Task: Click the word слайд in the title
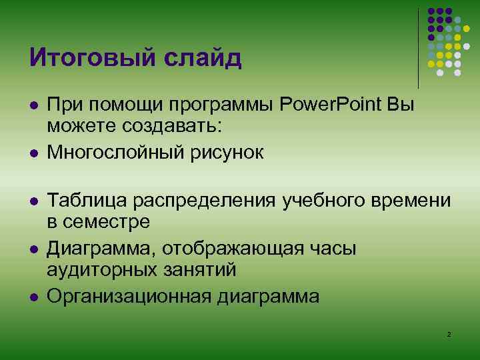(207, 58)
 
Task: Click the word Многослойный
(112, 153)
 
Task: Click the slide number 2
(449, 333)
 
